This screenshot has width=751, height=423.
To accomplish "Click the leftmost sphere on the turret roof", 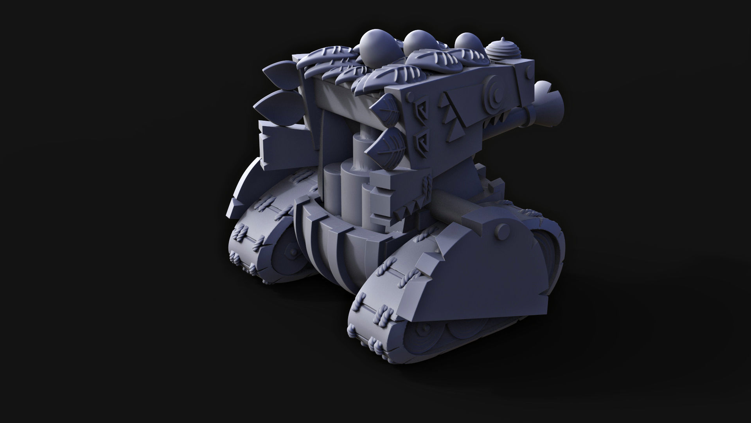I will click(x=373, y=47).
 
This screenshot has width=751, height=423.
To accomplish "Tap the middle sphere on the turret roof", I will click(x=417, y=45).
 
